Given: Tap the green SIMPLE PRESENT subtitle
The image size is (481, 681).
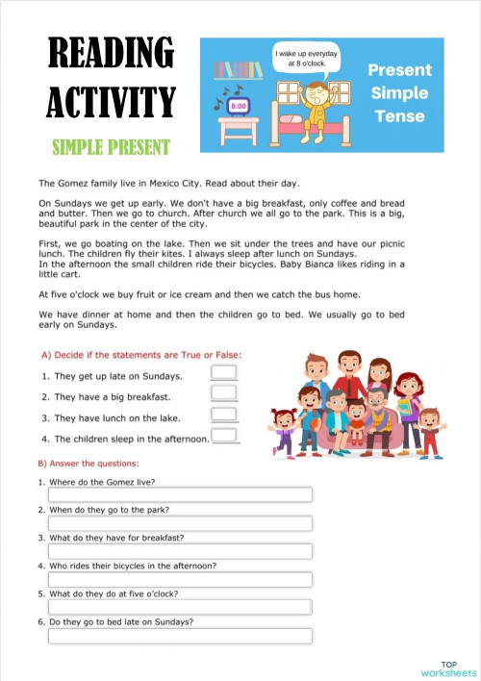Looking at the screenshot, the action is coord(112,146).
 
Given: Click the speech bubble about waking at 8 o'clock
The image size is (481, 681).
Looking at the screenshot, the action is coord(306,59).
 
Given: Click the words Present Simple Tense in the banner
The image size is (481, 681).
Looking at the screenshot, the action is coord(400,93).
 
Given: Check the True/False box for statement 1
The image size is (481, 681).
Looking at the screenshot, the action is coord(223,373).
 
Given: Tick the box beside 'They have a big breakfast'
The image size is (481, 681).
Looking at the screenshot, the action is coord(223,393).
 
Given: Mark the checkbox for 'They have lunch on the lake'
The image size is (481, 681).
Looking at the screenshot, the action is coord(223,415).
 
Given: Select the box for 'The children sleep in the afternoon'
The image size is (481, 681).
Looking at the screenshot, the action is coord(225,436).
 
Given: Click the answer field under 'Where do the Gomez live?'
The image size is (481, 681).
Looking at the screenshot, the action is coord(180,495).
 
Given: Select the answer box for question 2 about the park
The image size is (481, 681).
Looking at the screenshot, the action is coord(180,523).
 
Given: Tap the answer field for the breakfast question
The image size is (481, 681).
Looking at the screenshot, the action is coord(180,551).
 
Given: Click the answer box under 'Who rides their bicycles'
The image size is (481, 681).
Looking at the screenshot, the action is coord(180,579).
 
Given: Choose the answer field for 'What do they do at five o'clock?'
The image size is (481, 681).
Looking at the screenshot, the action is coord(180,607).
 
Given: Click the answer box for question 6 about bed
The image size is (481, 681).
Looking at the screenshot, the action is coord(180,636).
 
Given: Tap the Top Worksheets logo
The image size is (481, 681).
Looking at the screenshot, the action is coord(448,668).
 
